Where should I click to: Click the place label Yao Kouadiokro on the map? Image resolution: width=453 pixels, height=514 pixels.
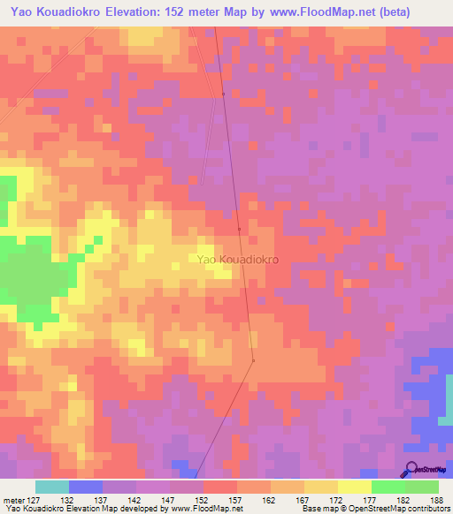238,261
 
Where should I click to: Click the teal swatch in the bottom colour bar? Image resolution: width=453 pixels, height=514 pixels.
52,487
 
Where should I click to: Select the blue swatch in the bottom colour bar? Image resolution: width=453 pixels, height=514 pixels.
86,487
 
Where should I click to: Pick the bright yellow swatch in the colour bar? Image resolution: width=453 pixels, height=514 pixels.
355,487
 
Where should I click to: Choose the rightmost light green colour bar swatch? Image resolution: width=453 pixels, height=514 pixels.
422,487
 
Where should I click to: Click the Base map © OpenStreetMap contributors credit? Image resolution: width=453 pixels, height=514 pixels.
376,509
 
